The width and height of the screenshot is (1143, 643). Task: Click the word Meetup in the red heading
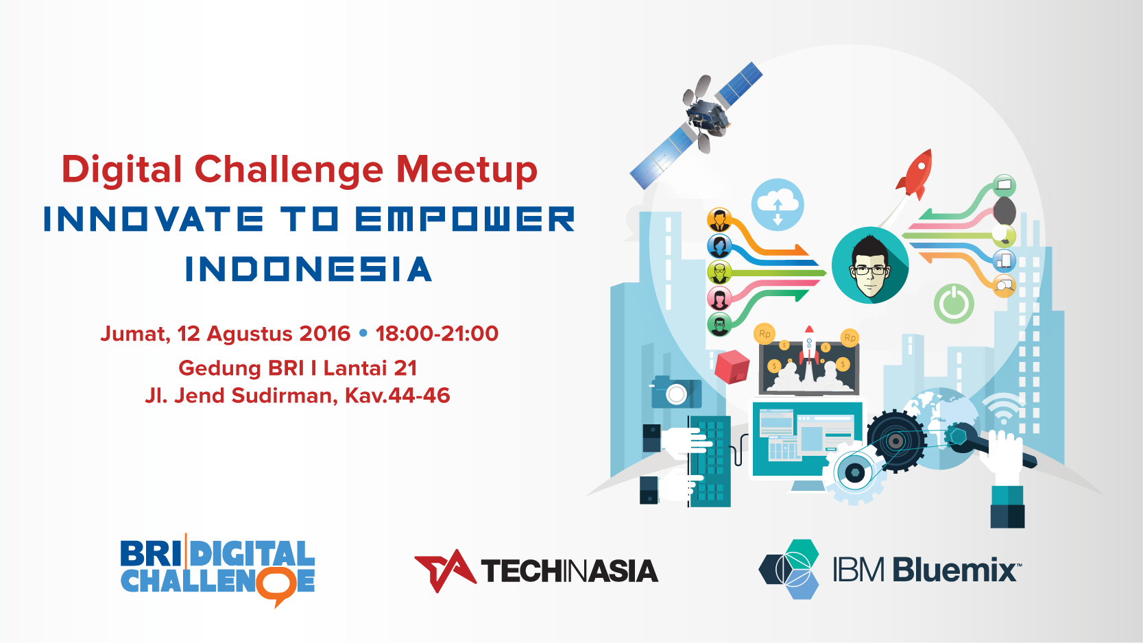pyautogui.click(x=467, y=171)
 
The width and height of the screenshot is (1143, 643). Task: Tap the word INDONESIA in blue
pyautogui.click(x=309, y=269)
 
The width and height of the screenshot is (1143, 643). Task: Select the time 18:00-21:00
pyautogui.click(x=437, y=334)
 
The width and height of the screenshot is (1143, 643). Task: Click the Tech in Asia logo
pyautogui.click(x=536, y=571)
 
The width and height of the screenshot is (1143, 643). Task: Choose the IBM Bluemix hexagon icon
pyautogui.click(x=789, y=570)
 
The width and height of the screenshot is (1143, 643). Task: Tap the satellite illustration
pyautogui.click(x=697, y=125)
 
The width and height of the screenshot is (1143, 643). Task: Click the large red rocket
pyautogui.click(x=915, y=175)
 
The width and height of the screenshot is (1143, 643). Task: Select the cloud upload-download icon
pyautogui.click(x=778, y=205)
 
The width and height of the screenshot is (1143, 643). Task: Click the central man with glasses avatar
pyautogui.click(x=870, y=265)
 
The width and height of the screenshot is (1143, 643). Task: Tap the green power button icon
pyautogui.click(x=954, y=304)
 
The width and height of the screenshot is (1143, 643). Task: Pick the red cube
pyautogui.click(x=732, y=367)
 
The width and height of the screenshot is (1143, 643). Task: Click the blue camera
pyautogui.click(x=676, y=392)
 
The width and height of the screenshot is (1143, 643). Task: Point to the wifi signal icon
pyautogui.click(x=1004, y=409)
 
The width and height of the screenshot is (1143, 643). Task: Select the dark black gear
pyautogui.click(x=897, y=441)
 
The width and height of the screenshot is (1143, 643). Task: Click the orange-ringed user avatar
pyautogui.click(x=719, y=221)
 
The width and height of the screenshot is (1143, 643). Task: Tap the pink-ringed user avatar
pyautogui.click(x=719, y=298)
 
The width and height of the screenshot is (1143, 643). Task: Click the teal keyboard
pyautogui.click(x=710, y=461)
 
